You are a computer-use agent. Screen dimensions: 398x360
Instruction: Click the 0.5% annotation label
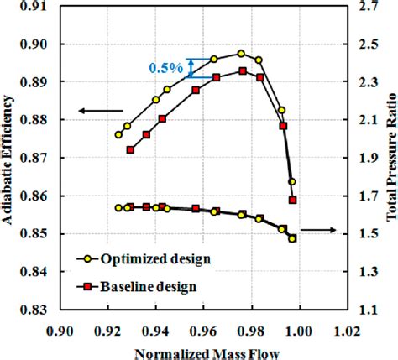[x=166, y=68]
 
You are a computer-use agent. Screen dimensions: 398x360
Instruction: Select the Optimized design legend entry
[x=144, y=259]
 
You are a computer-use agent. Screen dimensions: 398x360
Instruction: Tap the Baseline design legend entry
[x=136, y=286]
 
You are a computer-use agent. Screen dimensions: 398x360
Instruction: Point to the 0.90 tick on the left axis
[x=33, y=44]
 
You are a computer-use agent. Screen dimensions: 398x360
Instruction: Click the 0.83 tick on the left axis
[x=33, y=310]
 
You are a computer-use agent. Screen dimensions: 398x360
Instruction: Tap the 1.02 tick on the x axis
[x=348, y=331]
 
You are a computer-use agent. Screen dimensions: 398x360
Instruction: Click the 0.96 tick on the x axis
[x=204, y=331]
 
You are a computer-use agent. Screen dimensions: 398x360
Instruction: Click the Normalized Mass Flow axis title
[x=207, y=353]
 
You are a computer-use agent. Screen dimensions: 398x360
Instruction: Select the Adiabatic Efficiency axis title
[x=8, y=159]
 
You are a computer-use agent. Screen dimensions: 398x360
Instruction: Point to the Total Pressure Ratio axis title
[x=391, y=158]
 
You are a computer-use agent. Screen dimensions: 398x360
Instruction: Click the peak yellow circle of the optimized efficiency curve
[x=241, y=54]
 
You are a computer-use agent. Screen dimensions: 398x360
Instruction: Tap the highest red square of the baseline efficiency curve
[x=243, y=71]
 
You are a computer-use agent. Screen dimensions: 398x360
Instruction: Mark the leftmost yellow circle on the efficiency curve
[x=118, y=134]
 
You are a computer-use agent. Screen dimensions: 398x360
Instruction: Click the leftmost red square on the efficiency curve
[x=130, y=150]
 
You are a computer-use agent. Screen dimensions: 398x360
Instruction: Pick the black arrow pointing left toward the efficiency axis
[x=101, y=111]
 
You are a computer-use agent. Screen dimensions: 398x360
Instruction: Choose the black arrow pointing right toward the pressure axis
[x=318, y=230]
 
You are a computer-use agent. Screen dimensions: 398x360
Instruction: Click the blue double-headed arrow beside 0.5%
[x=191, y=68]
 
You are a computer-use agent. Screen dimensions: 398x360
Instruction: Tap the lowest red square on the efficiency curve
[x=293, y=200]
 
